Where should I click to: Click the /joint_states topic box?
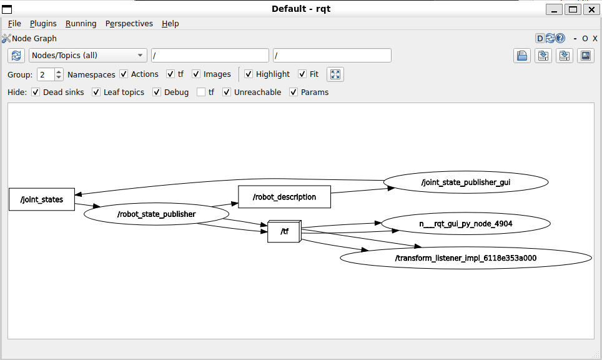(x=42, y=199)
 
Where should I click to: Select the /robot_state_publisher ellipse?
(x=156, y=214)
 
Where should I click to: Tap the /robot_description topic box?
(x=285, y=197)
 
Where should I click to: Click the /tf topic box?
(x=285, y=231)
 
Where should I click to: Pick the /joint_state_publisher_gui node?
(x=466, y=182)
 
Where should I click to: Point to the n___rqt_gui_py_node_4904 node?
(x=466, y=224)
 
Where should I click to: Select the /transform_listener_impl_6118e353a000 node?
(x=466, y=257)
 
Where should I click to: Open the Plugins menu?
(x=43, y=23)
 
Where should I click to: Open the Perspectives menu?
(x=129, y=23)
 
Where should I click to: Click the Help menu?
(x=170, y=23)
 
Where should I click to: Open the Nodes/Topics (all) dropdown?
(x=88, y=56)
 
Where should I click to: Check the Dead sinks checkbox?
(x=36, y=92)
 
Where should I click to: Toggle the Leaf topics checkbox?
(x=96, y=92)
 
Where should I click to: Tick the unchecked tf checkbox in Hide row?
(x=201, y=92)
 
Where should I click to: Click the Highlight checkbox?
(x=249, y=74)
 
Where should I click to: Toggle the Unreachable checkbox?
(x=227, y=92)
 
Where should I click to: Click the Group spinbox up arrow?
(x=59, y=71)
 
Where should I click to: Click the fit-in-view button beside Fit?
(x=335, y=74)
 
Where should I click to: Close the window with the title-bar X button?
(x=591, y=9)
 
